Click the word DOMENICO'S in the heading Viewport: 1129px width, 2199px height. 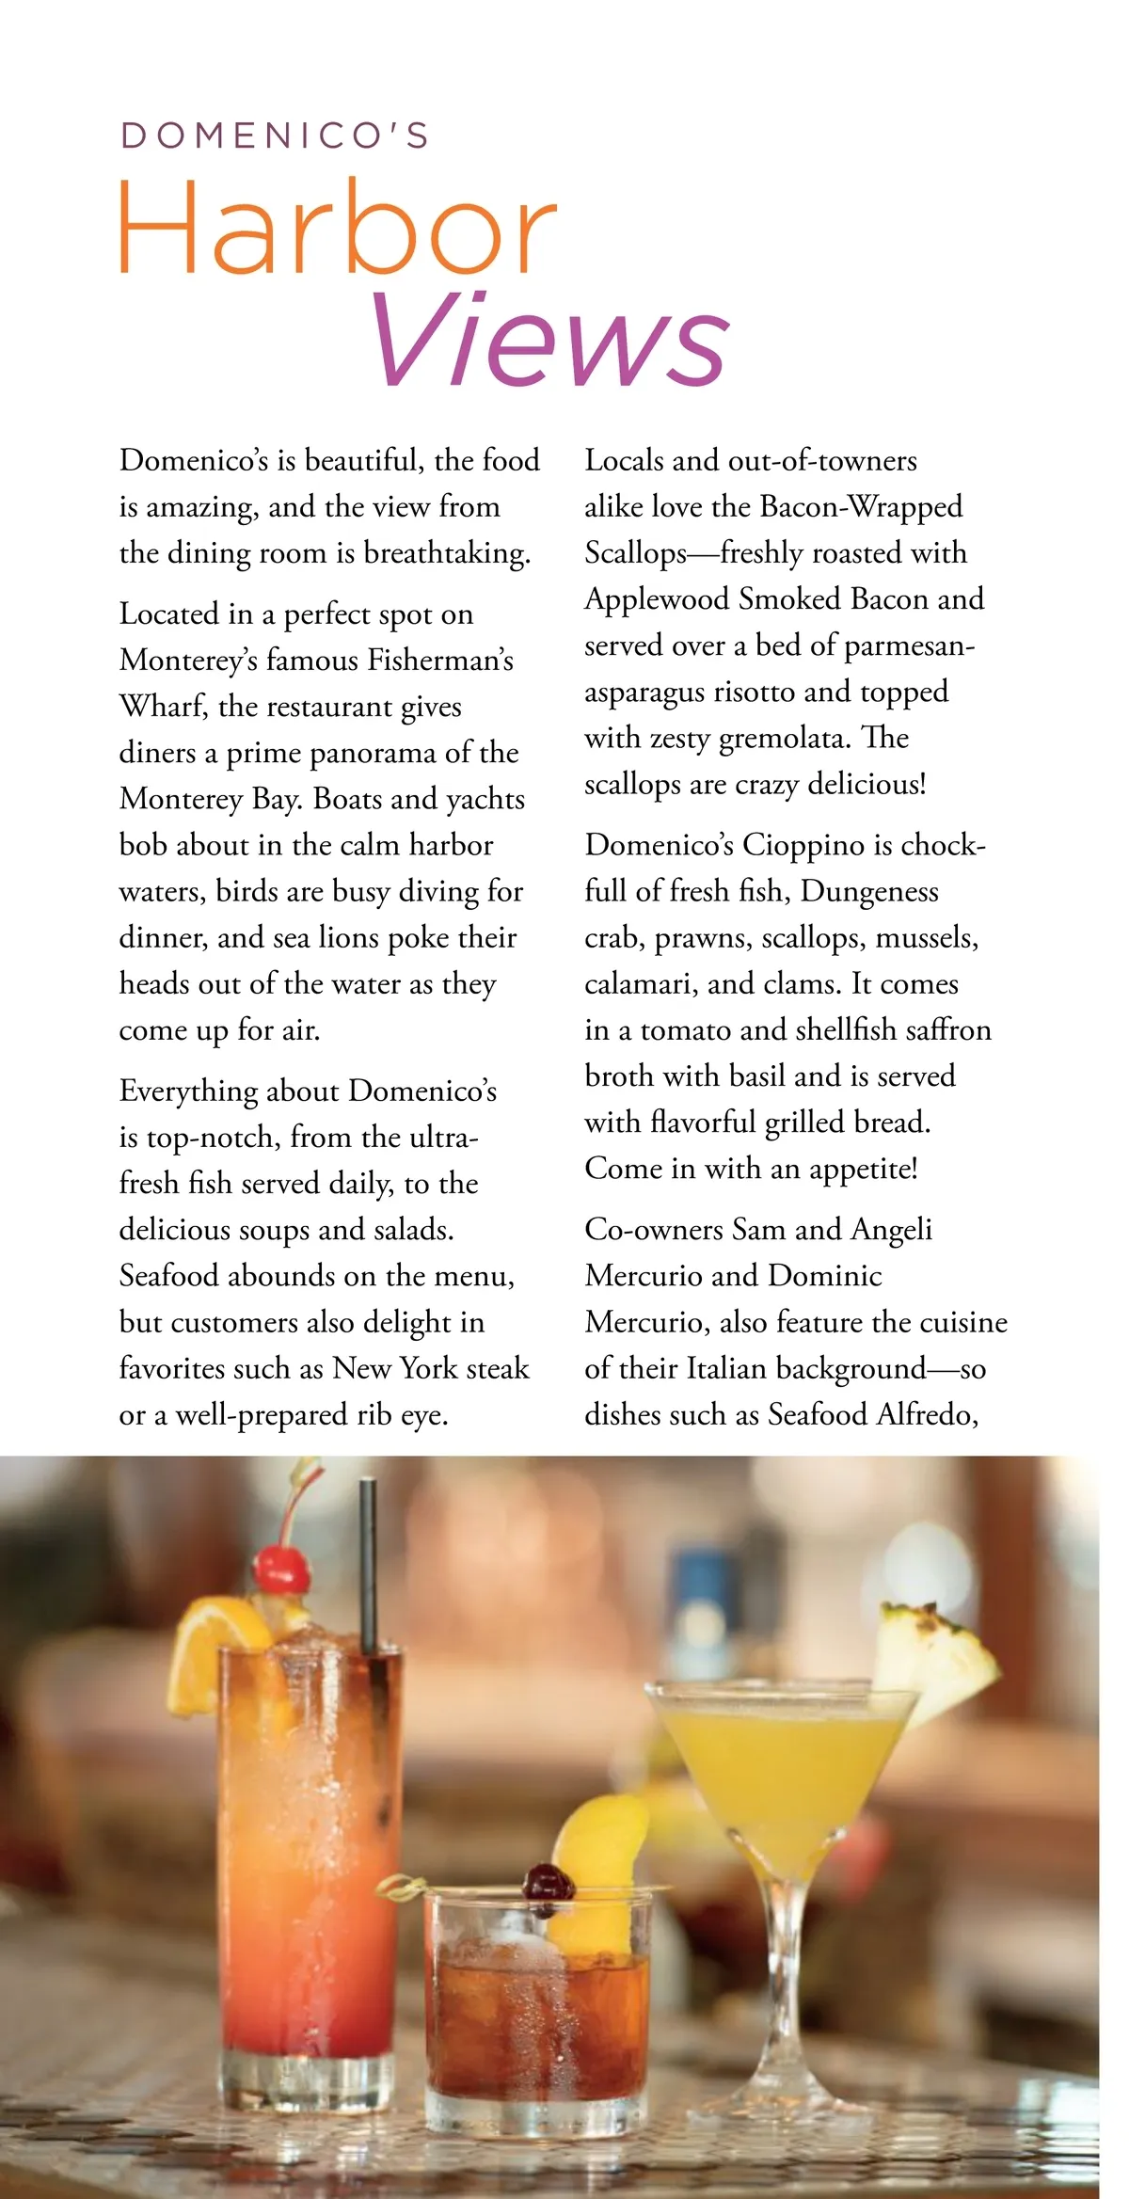tap(275, 135)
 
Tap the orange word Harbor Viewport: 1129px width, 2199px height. tap(337, 228)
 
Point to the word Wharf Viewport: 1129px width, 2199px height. tap(163, 707)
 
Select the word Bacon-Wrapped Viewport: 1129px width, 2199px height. tap(861, 507)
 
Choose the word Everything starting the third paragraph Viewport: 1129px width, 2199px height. tap(188, 1092)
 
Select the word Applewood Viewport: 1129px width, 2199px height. tap(657, 599)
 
